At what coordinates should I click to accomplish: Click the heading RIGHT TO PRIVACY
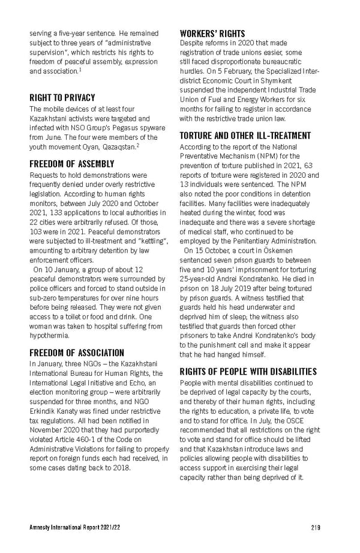(62, 97)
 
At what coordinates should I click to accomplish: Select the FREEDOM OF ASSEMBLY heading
(71, 163)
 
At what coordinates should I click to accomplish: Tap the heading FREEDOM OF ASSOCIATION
(77, 352)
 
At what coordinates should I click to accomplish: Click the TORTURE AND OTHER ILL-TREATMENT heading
(245, 136)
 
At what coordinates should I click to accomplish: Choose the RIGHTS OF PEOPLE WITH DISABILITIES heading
(248, 371)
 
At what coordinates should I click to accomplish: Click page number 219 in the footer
(315, 527)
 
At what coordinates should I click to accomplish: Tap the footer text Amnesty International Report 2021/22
(71, 527)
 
